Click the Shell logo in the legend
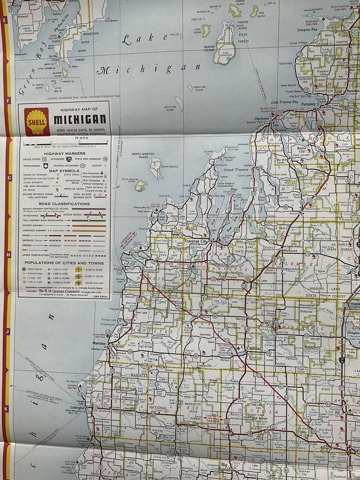point(37,121)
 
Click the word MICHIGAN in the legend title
point(80,120)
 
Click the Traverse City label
point(196,242)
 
